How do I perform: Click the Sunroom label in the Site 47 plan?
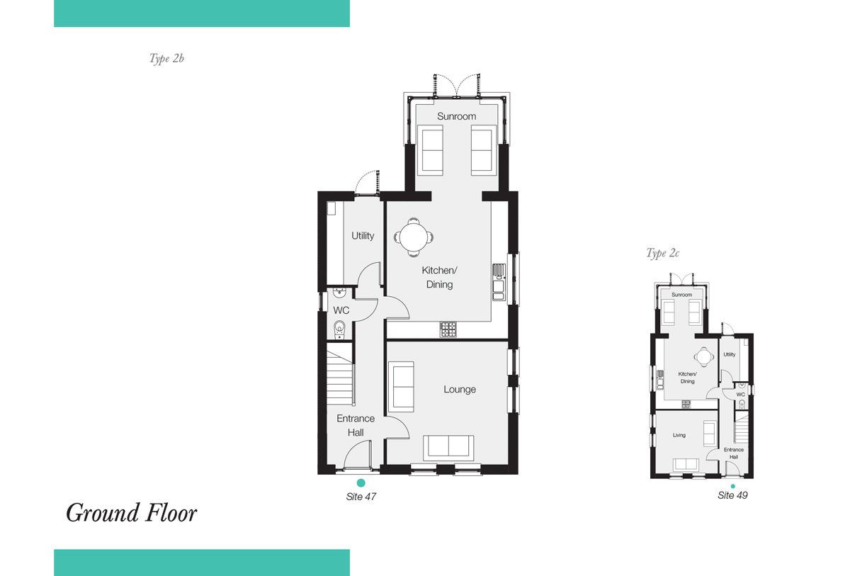click(456, 116)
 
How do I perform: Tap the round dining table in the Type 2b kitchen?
click(414, 237)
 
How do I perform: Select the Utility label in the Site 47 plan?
click(363, 236)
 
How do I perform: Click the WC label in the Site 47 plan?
click(341, 310)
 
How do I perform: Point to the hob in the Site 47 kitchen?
click(448, 329)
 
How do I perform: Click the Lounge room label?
click(460, 389)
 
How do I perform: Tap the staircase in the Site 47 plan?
click(341, 378)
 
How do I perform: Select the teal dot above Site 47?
click(361, 482)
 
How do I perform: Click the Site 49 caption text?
click(732, 495)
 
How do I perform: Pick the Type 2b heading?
click(166, 59)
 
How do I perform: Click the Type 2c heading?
click(662, 253)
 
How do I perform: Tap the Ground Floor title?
click(131, 513)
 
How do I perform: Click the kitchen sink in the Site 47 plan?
click(499, 282)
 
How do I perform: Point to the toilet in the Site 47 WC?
click(339, 329)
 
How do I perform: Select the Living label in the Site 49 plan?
click(679, 435)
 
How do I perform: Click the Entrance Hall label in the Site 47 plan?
click(356, 425)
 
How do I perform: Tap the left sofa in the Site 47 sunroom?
click(430, 150)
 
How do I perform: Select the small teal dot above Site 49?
click(732, 486)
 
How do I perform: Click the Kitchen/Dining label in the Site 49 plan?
click(687, 378)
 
